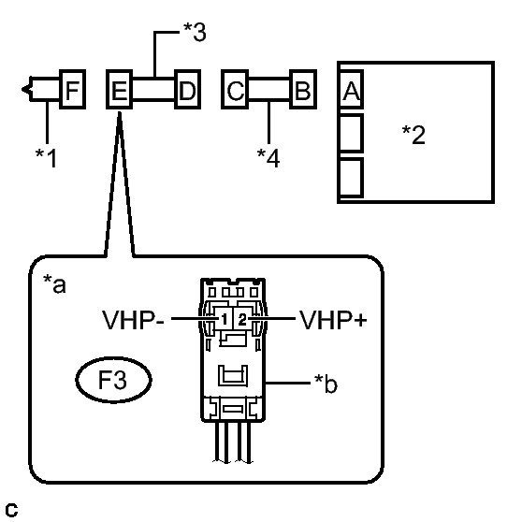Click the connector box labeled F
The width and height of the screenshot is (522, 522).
73,89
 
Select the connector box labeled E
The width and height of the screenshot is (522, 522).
119,89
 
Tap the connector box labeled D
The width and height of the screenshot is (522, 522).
188,89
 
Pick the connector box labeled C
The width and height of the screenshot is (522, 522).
235,89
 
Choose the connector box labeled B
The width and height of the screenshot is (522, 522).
303,89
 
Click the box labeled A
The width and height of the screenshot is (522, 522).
351,89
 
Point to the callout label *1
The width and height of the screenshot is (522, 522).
46,158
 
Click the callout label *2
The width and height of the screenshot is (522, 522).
413,135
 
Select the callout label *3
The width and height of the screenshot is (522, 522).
195,32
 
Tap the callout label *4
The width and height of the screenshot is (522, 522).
268,158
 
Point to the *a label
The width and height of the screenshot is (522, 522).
54,284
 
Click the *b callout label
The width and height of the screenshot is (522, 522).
326,384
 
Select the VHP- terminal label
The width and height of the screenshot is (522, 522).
133,320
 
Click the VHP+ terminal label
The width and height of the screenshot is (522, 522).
333,320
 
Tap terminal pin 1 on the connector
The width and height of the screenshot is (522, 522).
224,319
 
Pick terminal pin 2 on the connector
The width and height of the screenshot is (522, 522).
242,319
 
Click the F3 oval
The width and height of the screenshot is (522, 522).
113,380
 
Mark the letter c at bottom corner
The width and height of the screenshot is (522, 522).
11,510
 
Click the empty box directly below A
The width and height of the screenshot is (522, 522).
351,133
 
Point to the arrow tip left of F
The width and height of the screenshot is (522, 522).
22,89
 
